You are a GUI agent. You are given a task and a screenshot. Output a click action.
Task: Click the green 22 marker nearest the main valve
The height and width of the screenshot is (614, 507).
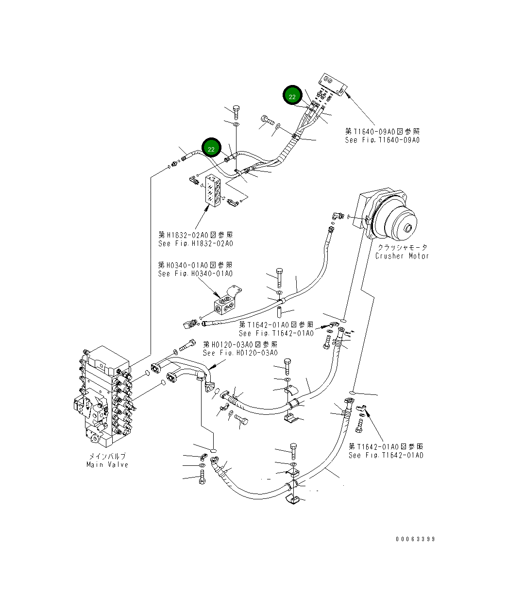pyautogui.click(x=211, y=148)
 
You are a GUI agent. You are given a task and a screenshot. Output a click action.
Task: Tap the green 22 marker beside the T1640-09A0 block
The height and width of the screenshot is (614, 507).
pyautogui.click(x=292, y=96)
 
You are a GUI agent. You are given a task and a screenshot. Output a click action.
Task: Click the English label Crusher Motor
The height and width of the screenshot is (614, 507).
pyautogui.click(x=402, y=256)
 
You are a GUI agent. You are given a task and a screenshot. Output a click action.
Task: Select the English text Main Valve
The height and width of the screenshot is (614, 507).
pyautogui.click(x=107, y=465)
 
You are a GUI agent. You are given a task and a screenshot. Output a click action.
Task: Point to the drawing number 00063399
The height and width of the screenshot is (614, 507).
pyautogui.click(x=415, y=539)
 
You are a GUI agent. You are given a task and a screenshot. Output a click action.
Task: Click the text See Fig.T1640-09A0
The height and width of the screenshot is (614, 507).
pyautogui.click(x=382, y=140)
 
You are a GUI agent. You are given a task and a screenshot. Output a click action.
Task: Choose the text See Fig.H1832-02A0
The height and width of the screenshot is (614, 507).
pyautogui.click(x=195, y=243)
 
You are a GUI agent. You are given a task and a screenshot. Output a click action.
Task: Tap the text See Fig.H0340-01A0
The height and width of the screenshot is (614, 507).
pyautogui.click(x=195, y=274)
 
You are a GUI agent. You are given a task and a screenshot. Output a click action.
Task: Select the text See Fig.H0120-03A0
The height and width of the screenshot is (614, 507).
pyautogui.click(x=240, y=353)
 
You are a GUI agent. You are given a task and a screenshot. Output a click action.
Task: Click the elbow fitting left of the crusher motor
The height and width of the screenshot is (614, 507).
pyautogui.click(x=336, y=215)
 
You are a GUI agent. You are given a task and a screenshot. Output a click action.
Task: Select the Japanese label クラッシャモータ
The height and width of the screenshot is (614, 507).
pyautogui.click(x=402, y=247)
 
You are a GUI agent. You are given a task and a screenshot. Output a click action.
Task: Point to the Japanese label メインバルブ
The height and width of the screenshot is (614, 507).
pyautogui.click(x=107, y=456)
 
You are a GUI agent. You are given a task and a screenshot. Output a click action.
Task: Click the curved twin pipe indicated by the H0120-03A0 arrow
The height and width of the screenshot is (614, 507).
pyautogui.click(x=182, y=369)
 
